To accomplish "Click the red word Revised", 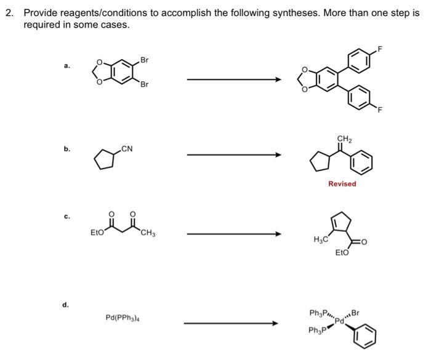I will pos(342,183).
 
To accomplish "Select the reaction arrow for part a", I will pos(233,79).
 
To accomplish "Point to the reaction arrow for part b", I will pos(233,154).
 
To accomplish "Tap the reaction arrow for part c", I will pos(233,234).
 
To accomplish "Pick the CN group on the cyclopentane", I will pos(127,148).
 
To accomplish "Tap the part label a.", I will pos(66,65).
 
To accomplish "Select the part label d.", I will pos(66,304).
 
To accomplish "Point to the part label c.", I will pos(66,217).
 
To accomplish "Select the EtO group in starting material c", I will pos(97,233).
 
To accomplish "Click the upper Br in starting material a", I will pos(144,60).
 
